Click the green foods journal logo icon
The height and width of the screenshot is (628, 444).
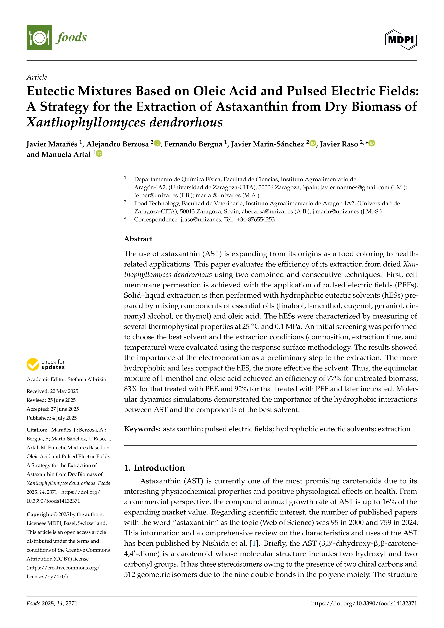(x=39, y=37)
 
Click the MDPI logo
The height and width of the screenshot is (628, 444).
(x=401, y=40)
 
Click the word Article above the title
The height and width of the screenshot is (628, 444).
(x=37, y=77)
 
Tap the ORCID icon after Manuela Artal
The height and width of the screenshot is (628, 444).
(x=99, y=153)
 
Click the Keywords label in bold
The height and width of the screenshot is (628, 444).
(x=142, y=429)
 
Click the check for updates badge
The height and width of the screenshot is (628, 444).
(x=46, y=364)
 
